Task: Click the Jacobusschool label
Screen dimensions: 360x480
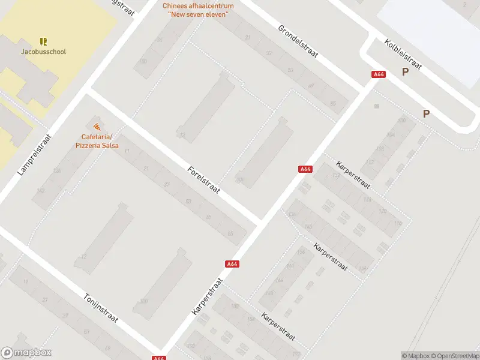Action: click(x=43, y=52)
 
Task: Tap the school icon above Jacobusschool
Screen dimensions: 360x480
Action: click(x=43, y=41)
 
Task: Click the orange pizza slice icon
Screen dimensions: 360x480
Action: click(x=97, y=126)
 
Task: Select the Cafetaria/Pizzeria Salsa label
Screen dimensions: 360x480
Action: click(x=97, y=141)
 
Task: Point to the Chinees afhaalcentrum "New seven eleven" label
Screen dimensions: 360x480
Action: click(x=198, y=10)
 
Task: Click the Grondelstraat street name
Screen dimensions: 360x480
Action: click(x=298, y=41)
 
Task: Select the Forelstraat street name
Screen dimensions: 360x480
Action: click(x=203, y=180)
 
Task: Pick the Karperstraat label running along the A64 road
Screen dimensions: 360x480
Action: click(x=208, y=296)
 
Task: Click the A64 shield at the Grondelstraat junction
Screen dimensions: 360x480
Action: click(x=379, y=74)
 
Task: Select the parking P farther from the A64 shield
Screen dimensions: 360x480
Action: click(x=427, y=113)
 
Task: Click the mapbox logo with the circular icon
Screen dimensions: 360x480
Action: click(x=26, y=353)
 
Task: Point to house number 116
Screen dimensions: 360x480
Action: click(x=398, y=224)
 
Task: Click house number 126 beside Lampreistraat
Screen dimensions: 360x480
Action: click(x=57, y=171)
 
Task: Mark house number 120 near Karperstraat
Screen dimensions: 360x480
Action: click(x=382, y=212)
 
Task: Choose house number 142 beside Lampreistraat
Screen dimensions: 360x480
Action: click(x=40, y=190)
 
